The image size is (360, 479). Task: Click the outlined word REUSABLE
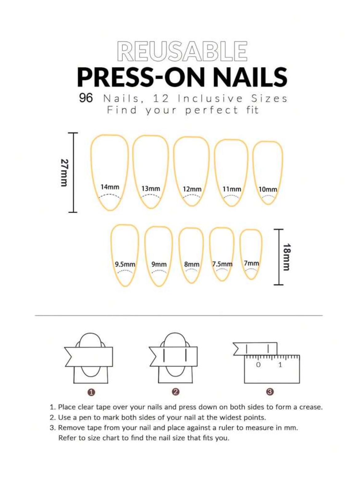[x=182, y=51]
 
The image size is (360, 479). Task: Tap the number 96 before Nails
[x=86, y=98]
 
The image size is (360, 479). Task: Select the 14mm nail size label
[x=110, y=187]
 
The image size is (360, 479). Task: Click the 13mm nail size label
[x=151, y=188]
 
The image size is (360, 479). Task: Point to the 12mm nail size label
[x=192, y=189]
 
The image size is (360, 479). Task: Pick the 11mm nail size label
[x=232, y=189]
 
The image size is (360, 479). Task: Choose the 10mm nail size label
[x=268, y=189]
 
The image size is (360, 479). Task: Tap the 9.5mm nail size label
[x=125, y=264]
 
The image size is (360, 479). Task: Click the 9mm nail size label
[x=159, y=264]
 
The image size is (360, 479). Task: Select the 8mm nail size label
[x=192, y=264]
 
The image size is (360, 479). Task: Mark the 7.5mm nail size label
[x=222, y=264]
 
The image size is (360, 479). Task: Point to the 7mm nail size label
[x=251, y=263]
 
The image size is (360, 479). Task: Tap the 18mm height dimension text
[x=287, y=257]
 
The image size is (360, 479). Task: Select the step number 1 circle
[x=91, y=392]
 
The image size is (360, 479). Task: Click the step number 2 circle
[x=176, y=392]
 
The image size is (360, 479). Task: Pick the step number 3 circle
[x=270, y=392]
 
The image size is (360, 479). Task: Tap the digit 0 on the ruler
[x=258, y=365]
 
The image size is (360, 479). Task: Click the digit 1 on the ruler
[x=280, y=365]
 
